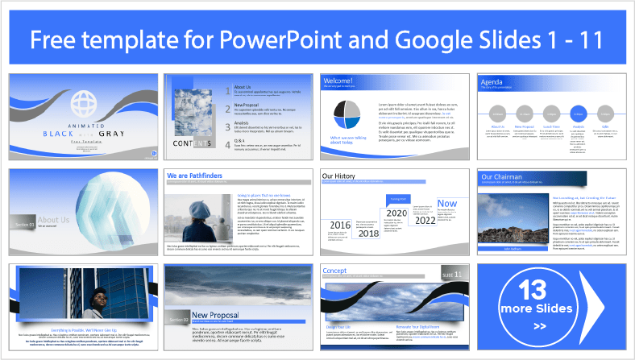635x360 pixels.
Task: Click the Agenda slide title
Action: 492,82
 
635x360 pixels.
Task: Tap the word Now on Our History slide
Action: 446,205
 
